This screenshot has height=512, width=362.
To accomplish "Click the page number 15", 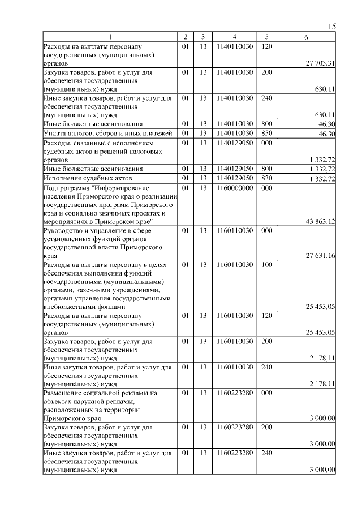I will [332, 27].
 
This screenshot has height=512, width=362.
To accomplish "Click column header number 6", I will [306, 37].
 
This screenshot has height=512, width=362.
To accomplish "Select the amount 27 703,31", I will [321, 63].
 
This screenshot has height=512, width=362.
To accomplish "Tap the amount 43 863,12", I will [321, 221].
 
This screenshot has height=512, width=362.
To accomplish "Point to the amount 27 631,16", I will [321, 256].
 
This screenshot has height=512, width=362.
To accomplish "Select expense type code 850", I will [268, 133].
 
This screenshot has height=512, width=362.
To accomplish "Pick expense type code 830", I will [268, 178].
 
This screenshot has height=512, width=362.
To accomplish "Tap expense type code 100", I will [268, 264].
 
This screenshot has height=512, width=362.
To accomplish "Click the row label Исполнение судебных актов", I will [84, 179].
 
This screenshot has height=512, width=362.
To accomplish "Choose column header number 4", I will [234, 37].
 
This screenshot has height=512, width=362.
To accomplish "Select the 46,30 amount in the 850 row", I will [327, 134].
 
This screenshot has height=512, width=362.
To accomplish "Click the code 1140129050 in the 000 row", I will [234, 143].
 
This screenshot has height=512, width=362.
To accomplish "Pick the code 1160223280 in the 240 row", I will [234, 453].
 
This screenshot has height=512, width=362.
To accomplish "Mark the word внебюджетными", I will [70, 307].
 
